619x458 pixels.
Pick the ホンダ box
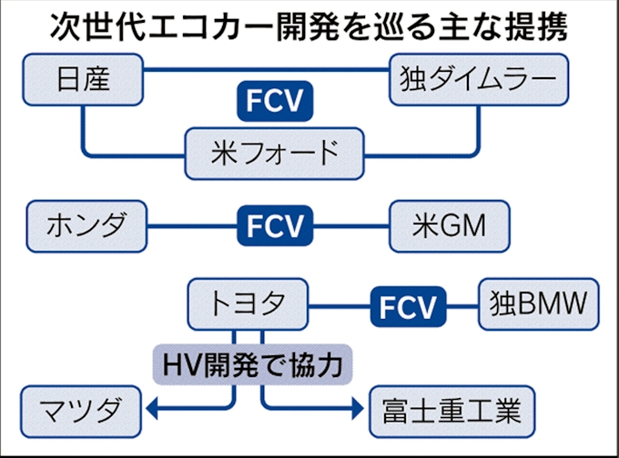pos(87,224)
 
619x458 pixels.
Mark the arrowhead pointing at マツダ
pos(153,411)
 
